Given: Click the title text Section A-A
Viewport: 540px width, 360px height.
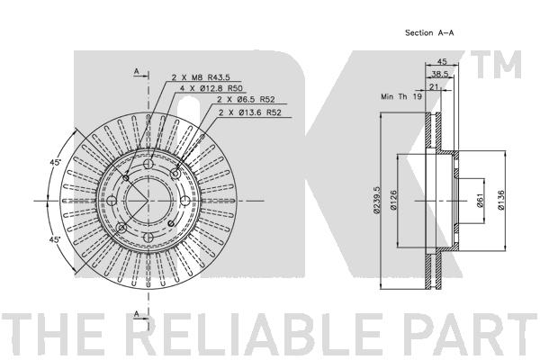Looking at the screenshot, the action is [x=429, y=33].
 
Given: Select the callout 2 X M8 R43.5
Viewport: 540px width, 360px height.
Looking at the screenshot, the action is [x=201, y=77].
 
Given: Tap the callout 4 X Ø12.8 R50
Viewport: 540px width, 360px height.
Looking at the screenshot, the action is [x=211, y=88].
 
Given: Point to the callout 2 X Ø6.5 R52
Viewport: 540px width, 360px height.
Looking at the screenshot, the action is [x=246, y=100].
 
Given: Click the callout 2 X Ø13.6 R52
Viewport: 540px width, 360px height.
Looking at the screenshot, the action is [x=250, y=112].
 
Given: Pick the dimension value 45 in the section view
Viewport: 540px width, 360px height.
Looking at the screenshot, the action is [x=442, y=61].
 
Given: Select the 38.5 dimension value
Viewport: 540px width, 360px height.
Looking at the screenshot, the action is [x=440, y=74].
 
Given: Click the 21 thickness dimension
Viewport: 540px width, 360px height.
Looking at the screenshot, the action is [x=434, y=86].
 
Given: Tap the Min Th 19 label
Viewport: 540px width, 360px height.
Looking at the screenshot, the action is [x=401, y=96].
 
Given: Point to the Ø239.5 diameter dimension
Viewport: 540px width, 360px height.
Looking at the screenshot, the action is [x=376, y=200].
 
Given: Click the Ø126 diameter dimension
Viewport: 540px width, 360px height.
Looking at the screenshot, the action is [x=393, y=200].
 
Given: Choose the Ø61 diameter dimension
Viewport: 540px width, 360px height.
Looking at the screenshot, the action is [x=481, y=200].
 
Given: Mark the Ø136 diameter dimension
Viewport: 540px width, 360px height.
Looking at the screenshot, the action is [x=501, y=200].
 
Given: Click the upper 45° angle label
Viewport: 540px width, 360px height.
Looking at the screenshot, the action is [x=55, y=162].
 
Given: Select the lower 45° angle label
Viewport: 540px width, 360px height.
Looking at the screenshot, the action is [x=55, y=239].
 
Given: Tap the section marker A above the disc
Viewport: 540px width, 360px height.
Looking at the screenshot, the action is [x=137, y=71].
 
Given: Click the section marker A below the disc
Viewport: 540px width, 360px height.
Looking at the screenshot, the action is [x=137, y=314].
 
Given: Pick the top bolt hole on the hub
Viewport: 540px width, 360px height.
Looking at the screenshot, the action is [x=148, y=164].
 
